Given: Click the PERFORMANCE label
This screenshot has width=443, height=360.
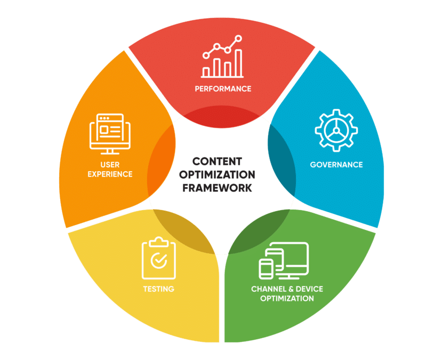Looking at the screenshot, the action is pos(223,89).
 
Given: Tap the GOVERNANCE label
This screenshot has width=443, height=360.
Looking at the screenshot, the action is pos(336,165).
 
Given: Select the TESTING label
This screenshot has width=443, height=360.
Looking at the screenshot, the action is pos(158,289).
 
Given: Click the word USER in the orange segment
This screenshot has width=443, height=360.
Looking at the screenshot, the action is pos(110,165).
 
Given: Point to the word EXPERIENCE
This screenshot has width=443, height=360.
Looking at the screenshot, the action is pos(110,174).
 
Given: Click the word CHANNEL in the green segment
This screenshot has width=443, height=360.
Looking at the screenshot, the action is pos(269,289).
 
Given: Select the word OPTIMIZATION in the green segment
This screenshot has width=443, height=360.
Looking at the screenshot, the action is pos(287,298).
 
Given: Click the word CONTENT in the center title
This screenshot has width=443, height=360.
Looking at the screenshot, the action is pos(217,162).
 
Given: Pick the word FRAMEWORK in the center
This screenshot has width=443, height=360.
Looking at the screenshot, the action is pos(217,188).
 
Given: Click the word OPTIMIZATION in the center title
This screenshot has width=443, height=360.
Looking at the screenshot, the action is pos(217,174).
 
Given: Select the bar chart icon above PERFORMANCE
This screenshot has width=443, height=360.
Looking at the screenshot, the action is pos(222,56).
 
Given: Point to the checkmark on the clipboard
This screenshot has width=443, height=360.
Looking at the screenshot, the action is pos(159,261).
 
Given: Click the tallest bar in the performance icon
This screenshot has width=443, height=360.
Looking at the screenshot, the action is pos(239,63).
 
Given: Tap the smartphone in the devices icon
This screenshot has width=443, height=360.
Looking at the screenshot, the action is pos(266,268).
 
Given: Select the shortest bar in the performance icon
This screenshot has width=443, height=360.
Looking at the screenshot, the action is pos(206,72).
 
